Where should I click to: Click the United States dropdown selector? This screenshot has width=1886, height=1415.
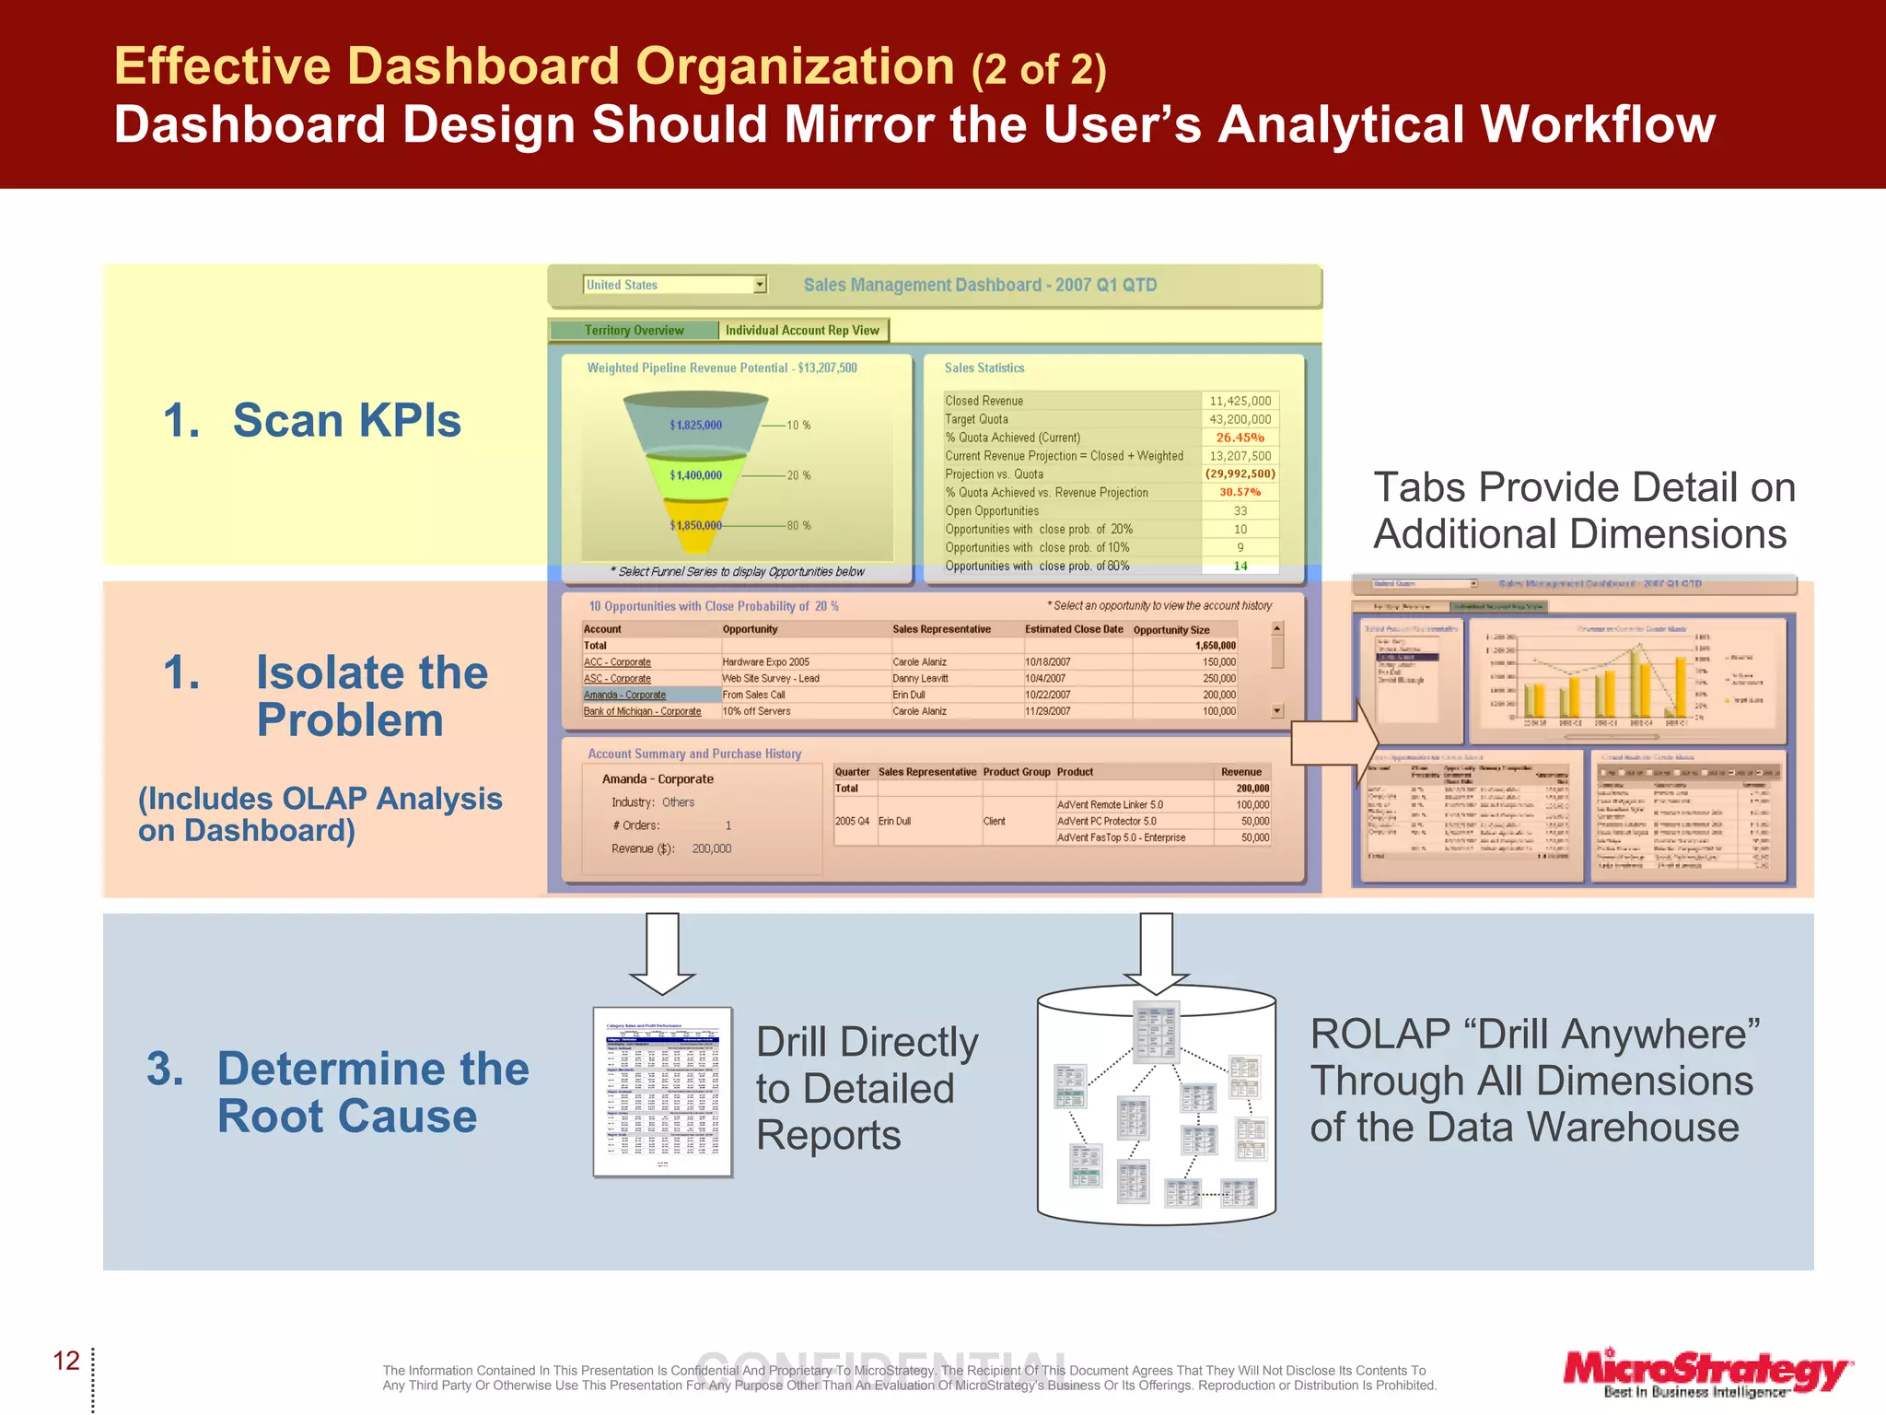[x=675, y=285]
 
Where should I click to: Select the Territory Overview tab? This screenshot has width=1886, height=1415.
[x=634, y=330]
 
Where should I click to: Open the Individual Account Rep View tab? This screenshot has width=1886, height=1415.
[x=802, y=330]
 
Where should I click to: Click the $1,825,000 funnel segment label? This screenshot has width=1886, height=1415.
[x=695, y=425]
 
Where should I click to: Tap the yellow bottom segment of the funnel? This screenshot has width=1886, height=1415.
[x=696, y=518]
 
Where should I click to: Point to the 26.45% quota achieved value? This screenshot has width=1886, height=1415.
[x=1240, y=438]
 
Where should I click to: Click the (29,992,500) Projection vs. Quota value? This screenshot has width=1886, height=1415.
[x=1240, y=474]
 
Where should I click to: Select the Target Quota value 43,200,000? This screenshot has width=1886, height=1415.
[x=1240, y=419]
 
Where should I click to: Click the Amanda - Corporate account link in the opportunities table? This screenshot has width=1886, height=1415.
[x=624, y=695]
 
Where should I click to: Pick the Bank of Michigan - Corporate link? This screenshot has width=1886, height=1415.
[x=642, y=711]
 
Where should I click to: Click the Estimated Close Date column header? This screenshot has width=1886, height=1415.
[x=1074, y=629]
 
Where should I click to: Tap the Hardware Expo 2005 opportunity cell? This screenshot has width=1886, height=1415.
[x=765, y=661]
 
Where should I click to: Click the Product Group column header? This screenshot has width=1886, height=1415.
[x=1016, y=772]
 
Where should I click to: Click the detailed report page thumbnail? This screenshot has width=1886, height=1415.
[x=662, y=1092]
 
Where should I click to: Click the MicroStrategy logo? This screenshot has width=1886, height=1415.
[x=1706, y=1372]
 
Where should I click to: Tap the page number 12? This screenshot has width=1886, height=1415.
[x=66, y=1361]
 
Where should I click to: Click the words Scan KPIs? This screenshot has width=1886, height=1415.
[x=346, y=420]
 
